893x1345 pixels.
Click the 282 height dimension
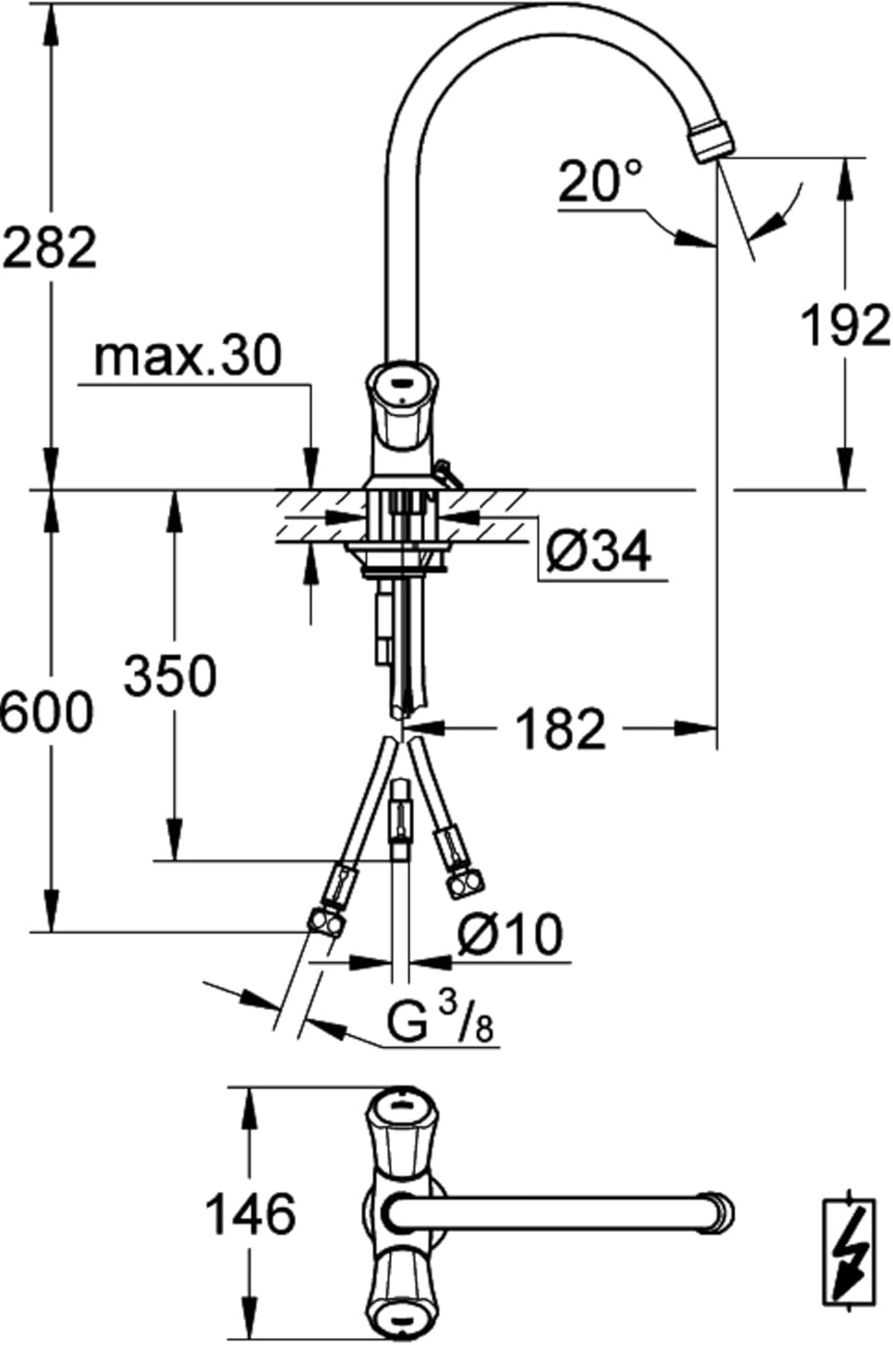point(49,247)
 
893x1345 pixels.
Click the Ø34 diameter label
point(599,551)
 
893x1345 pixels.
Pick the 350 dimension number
point(170,675)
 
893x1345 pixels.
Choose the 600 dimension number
point(47,712)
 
